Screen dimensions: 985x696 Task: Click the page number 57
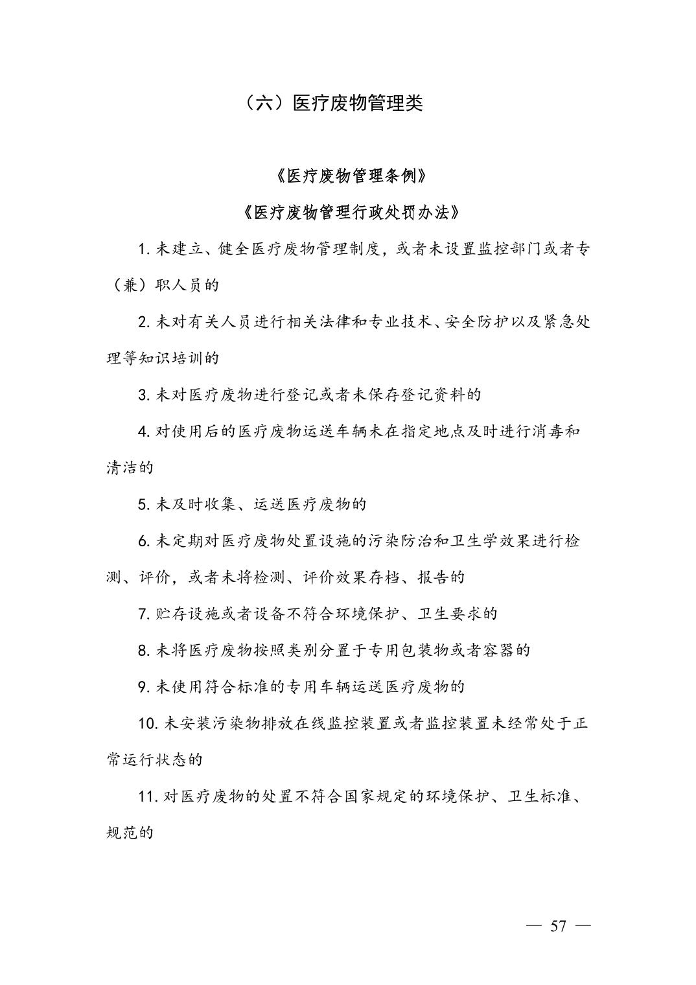click(558, 926)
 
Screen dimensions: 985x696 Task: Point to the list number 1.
click(144, 249)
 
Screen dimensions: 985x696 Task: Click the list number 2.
click(144, 321)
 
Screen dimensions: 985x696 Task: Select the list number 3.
click(144, 395)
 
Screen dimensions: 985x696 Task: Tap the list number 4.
click(144, 431)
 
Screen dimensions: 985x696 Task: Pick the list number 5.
click(144, 504)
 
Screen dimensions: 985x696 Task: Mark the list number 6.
click(144, 540)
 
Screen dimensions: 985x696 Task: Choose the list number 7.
click(144, 613)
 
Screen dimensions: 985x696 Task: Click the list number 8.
click(144, 650)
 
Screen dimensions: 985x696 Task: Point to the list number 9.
click(144, 686)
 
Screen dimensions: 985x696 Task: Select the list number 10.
click(148, 723)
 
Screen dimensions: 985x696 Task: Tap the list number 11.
click(148, 796)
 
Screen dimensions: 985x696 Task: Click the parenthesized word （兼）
click(130, 285)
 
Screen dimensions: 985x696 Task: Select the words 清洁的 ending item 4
click(130, 467)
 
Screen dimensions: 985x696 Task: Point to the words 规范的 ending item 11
click(130, 832)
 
